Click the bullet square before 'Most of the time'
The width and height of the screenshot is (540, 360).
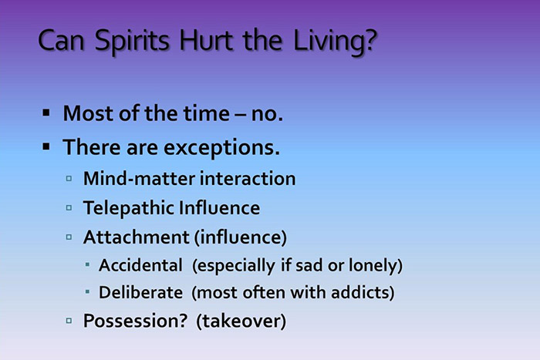(46, 113)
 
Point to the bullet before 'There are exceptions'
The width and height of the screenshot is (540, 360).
(46, 144)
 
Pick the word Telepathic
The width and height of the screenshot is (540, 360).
(127, 208)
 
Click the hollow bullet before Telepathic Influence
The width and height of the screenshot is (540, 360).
(69, 207)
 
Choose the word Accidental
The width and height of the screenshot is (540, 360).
(143, 265)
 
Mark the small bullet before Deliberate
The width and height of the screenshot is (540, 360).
(88, 293)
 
